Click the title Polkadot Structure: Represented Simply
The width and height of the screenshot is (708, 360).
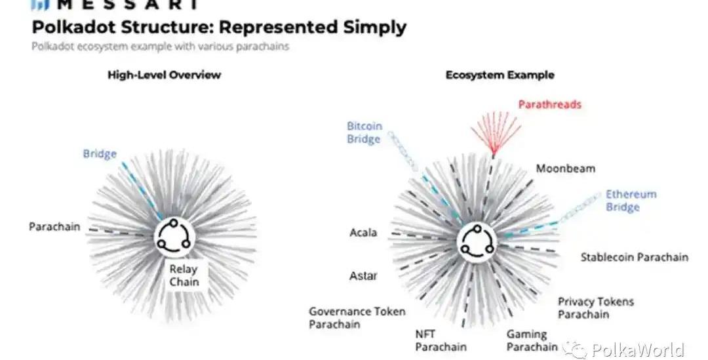219,28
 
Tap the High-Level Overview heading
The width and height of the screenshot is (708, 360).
164,75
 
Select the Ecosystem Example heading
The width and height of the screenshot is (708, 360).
500,75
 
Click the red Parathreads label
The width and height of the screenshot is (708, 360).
549,104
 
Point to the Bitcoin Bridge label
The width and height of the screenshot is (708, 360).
364,132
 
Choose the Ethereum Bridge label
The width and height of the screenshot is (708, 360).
631,201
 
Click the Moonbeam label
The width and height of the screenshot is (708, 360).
566,169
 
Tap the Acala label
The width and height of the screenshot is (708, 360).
363,233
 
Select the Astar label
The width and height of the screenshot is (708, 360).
363,275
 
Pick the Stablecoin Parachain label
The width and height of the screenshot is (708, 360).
634,257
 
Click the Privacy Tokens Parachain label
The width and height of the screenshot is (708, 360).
595,308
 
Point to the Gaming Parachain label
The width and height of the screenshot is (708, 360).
532,340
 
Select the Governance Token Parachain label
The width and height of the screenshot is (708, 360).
357,318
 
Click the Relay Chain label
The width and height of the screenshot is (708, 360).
184,275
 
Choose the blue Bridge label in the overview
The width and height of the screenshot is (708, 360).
100,154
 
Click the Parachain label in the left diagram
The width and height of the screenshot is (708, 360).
54,227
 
